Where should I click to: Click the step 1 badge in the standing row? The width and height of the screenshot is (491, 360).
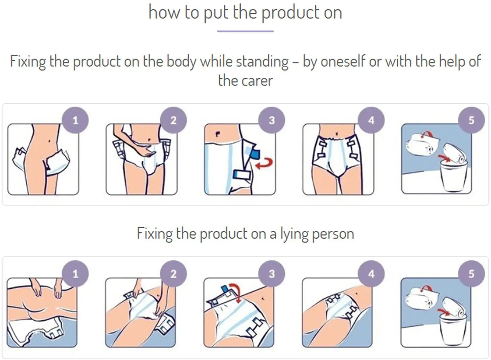[75, 120]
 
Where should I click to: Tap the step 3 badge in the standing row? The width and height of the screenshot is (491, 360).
[272, 120]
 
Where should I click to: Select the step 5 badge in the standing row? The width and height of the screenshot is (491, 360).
[472, 120]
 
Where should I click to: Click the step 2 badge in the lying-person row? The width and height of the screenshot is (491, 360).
[173, 274]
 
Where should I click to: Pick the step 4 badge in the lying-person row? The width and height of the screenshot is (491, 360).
[371, 274]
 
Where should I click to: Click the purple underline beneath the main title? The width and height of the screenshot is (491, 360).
[245, 31]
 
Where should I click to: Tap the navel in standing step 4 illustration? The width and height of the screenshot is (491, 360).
[337, 133]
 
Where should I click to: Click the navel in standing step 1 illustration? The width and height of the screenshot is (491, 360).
[49, 141]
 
